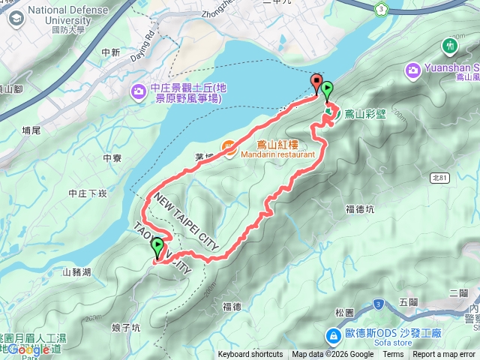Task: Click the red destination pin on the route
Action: pos(316,84)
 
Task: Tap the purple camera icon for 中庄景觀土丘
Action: pos(139,92)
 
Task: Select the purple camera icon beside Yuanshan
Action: pos(412,71)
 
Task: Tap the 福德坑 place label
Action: pos(359,209)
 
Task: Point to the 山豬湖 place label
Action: pos(76,272)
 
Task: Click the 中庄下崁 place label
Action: pos(87,193)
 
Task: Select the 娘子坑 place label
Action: pos(125,327)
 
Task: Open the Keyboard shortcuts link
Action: pos(250,355)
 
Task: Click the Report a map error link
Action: pos(445,355)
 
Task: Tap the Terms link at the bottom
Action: pos(393,355)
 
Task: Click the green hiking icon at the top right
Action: pos(450,46)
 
